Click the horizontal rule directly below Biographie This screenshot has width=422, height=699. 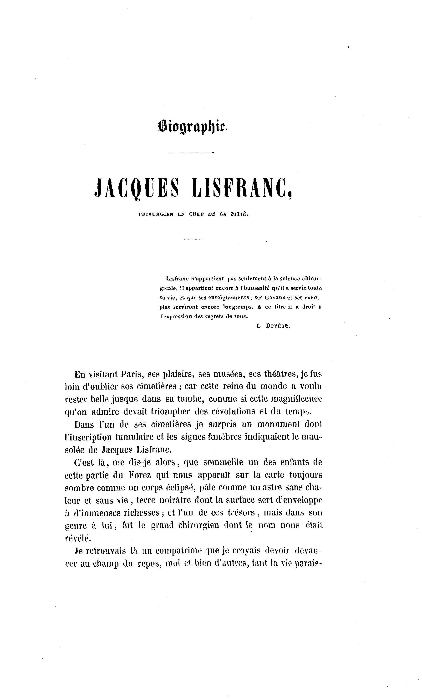(x=192, y=153)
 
